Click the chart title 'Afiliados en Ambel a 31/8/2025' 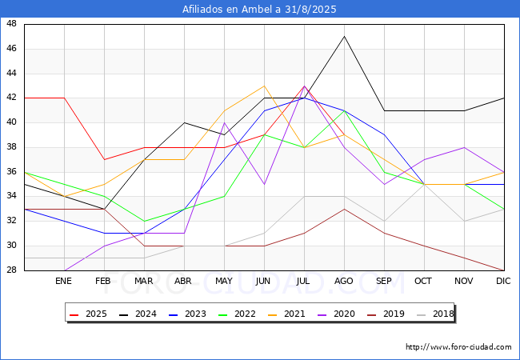259,10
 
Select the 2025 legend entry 88,314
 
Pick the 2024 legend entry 138,314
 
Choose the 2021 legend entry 286,314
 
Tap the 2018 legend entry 435,314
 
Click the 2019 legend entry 386,314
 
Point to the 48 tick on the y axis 11,24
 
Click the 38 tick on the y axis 11,147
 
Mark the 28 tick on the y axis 11,270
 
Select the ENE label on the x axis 63,281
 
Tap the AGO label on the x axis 343,281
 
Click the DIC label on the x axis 503,281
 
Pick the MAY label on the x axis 224,281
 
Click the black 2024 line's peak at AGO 345,37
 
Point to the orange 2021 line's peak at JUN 264,86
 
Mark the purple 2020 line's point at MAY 225,122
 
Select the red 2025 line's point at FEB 105,159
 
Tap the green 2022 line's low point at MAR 144,221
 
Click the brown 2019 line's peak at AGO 345,209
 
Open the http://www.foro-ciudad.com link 458,347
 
